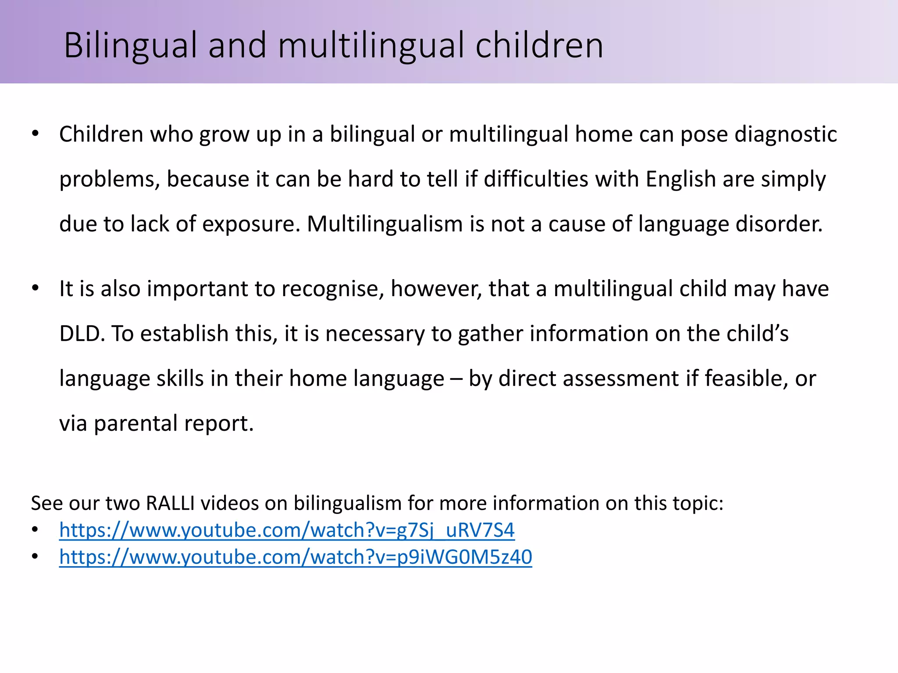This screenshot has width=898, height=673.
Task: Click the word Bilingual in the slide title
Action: [130, 46]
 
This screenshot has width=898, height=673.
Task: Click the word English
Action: [681, 179]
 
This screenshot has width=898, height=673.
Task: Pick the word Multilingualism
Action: [385, 224]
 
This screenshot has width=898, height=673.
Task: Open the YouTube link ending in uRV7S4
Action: [287, 531]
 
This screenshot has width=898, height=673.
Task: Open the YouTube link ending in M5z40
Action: [296, 557]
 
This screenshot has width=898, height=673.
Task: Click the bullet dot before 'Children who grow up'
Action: [35, 134]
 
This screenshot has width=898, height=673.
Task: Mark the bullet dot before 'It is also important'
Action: [35, 288]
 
